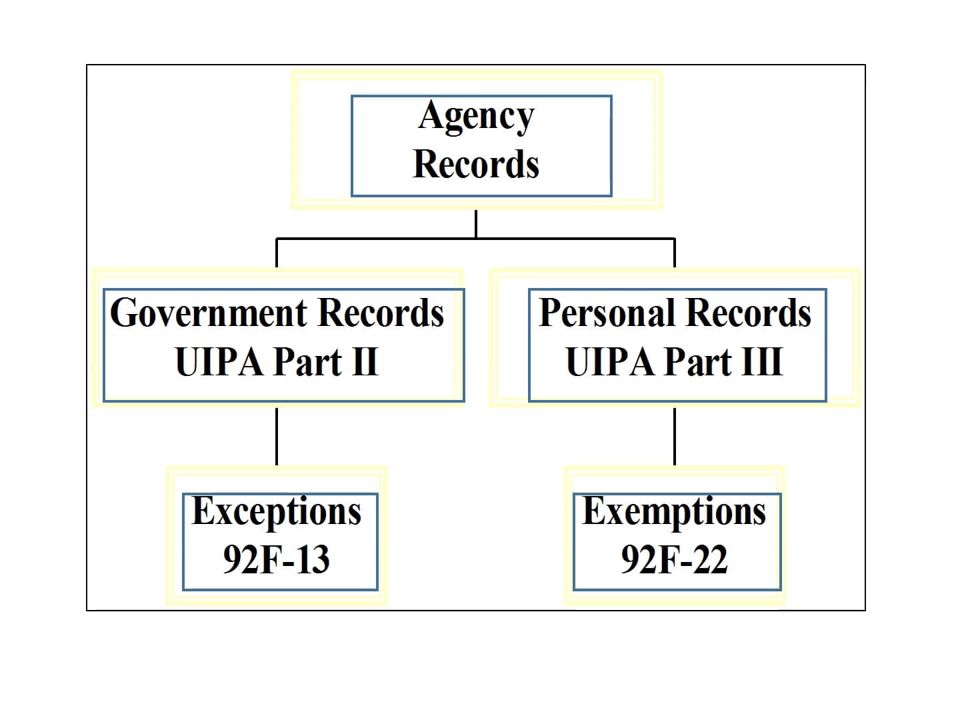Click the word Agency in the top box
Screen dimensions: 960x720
(x=476, y=116)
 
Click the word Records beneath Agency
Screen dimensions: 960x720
(x=476, y=164)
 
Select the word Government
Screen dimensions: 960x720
(x=209, y=313)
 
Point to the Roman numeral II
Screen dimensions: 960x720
(x=365, y=361)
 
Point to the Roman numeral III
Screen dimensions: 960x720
(x=763, y=361)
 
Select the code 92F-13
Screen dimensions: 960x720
(x=277, y=559)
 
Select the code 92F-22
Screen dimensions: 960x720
(x=675, y=559)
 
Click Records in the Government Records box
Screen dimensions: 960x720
(x=381, y=313)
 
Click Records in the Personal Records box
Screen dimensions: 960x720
(x=748, y=313)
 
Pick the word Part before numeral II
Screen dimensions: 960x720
(x=308, y=361)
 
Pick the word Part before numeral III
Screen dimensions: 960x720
(x=699, y=361)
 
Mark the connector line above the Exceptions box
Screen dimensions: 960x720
(x=277, y=436)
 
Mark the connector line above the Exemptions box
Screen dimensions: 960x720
(x=675, y=436)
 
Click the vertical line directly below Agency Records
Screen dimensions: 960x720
(x=476, y=224)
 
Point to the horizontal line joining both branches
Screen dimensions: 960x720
(x=475, y=239)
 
